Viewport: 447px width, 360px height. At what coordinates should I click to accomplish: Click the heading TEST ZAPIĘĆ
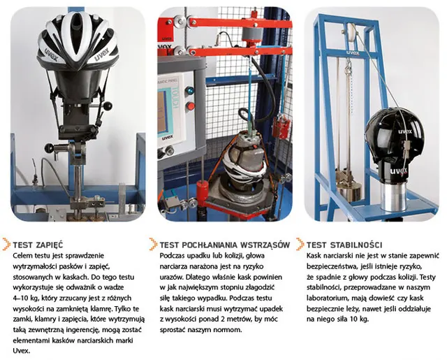38,245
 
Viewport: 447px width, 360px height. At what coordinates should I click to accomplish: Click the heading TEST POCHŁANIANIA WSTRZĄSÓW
225,245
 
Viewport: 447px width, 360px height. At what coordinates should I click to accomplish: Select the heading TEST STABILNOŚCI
344,245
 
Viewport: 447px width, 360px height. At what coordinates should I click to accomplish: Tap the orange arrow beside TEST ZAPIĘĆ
6,244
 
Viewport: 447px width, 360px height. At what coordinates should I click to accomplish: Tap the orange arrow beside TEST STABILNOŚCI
300,244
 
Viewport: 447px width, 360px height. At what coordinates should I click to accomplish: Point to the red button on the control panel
190,106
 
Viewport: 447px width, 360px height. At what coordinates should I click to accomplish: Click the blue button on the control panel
189,91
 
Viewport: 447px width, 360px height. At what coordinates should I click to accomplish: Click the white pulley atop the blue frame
351,32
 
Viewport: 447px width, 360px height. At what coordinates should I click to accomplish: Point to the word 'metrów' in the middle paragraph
240,319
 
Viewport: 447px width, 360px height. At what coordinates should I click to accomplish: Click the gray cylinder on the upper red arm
252,35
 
